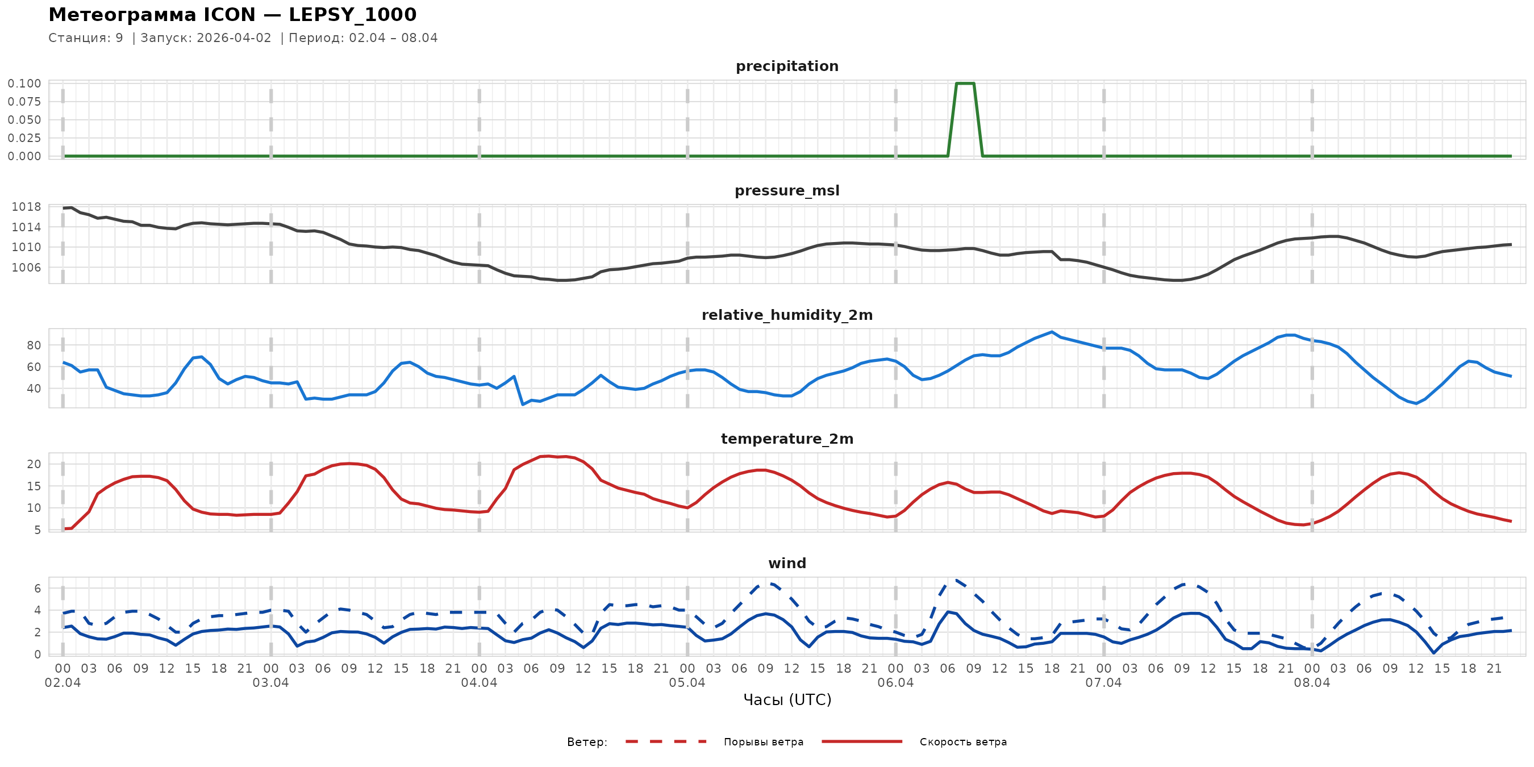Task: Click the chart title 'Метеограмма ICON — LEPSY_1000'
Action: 232,14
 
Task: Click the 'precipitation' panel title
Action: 787,66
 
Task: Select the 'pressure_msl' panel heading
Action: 787,190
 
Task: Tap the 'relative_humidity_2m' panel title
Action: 787,315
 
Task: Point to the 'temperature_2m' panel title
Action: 787,439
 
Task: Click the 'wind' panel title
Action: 787,564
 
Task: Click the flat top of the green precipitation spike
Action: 965,84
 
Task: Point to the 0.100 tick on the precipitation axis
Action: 24,84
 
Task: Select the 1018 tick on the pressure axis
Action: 26,207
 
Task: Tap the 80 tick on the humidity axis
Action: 34,345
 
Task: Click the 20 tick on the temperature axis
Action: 34,464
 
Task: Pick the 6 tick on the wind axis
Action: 37,589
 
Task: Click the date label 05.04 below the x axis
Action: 687,682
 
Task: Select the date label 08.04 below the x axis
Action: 1311,682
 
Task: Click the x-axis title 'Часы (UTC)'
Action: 787,700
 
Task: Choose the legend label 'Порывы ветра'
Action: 764,742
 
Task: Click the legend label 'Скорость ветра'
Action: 963,742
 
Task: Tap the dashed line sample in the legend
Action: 666,742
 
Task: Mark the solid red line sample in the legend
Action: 862,742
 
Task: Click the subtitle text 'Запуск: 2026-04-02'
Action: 206,38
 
